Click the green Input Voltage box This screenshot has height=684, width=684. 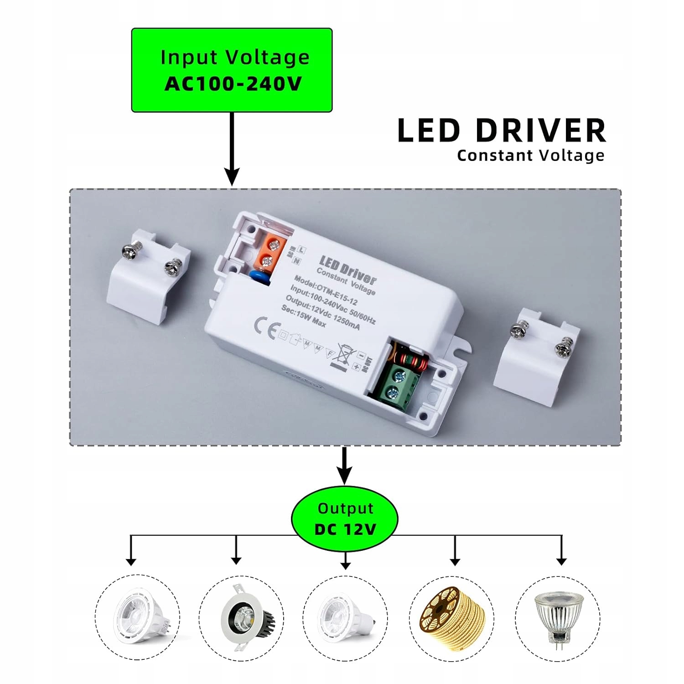tap(232, 70)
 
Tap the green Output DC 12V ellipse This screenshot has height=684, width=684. tap(345, 519)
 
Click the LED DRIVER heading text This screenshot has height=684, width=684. tap(502, 131)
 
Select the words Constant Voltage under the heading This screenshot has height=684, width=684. tap(531, 155)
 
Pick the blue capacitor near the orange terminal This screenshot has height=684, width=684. tap(259, 277)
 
